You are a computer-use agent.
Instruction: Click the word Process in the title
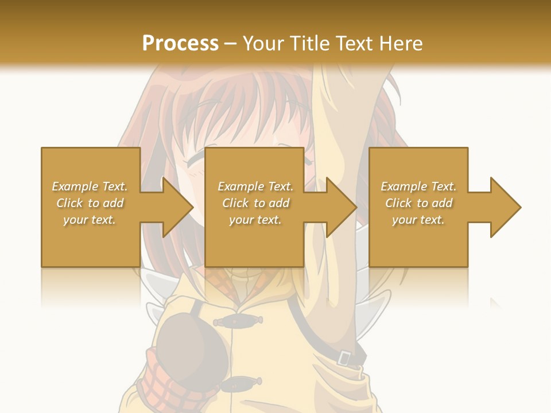click(x=180, y=44)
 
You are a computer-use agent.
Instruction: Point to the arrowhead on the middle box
click(x=340, y=207)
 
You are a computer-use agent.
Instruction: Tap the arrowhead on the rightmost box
click(x=505, y=207)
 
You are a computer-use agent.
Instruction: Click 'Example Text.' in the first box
click(x=90, y=186)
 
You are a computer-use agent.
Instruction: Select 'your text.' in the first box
click(x=90, y=220)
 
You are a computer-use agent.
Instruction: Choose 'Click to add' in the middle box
click(x=255, y=203)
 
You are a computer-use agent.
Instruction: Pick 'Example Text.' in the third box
click(x=418, y=186)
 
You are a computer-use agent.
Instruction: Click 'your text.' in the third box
click(x=418, y=220)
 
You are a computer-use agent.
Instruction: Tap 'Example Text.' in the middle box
click(x=255, y=186)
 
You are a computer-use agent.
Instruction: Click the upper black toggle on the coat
click(x=241, y=320)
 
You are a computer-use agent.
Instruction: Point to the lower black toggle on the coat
click(x=241, y=381)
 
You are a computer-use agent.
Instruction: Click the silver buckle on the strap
click(x=344, y=357)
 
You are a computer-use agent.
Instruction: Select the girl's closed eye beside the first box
click(x=195, y=157)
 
